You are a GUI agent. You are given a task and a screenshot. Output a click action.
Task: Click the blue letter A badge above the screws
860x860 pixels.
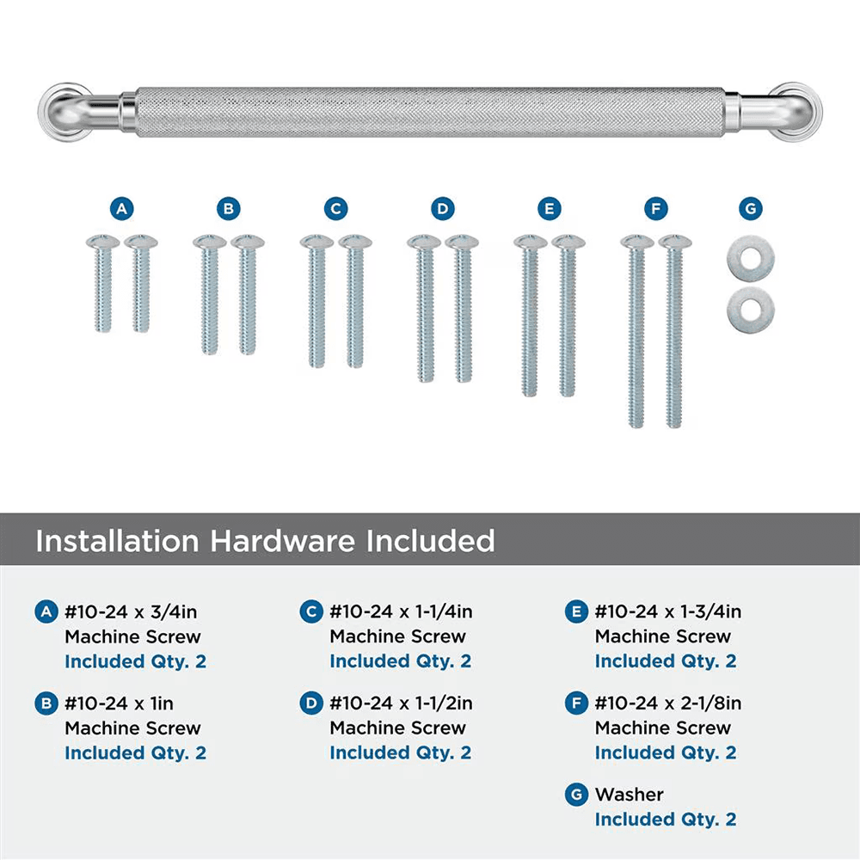122,209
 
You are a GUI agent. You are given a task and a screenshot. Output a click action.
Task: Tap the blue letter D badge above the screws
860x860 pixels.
442,209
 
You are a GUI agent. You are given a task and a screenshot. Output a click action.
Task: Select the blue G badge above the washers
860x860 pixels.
750,209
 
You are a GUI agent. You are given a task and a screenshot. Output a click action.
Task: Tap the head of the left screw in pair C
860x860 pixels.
316,242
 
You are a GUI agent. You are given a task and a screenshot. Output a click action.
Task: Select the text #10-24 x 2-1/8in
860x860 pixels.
668,703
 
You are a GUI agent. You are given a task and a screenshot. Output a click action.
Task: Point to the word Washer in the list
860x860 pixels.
630,795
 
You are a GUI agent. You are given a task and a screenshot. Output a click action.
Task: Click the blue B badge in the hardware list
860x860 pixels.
46,703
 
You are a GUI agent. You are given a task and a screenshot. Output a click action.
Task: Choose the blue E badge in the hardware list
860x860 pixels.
576,612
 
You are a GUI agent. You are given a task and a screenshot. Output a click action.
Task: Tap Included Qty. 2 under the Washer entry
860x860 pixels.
666,820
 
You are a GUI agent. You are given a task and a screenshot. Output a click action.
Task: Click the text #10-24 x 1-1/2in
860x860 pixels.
401,703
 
